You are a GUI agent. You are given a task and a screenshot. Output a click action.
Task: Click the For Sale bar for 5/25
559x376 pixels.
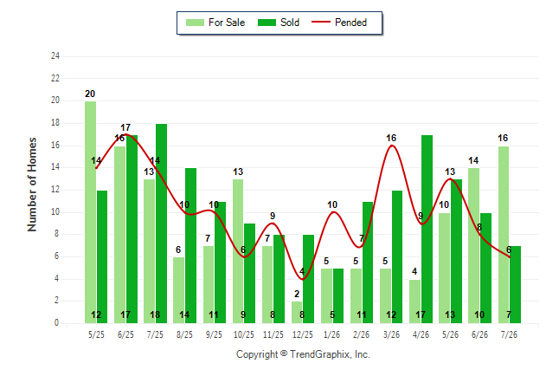(x=90, y=212)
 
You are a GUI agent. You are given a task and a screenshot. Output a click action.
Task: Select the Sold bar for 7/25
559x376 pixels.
(x=161, y=224)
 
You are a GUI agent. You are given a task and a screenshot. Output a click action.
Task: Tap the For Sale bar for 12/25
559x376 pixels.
(x=297, y=312)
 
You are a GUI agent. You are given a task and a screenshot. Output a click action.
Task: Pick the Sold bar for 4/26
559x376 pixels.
(x=427, y=230)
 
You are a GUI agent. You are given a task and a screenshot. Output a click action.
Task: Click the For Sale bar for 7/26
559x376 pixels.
(x=504, y=235)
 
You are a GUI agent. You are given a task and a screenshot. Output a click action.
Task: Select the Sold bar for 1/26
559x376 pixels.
(x=338, y=295)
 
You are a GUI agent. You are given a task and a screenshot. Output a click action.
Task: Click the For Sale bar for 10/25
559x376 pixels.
(x=238, y=251)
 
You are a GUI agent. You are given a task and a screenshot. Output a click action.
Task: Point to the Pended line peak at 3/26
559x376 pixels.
(x=392, y=145)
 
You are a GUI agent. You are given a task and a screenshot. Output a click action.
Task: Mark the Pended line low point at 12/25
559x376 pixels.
(x=303, y=279)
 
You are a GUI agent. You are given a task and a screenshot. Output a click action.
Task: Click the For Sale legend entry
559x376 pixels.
(x=215, y=23)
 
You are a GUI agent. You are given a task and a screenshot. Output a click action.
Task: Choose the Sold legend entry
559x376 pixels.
(x=279, y=23)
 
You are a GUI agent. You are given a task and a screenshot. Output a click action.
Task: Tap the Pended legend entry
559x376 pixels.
(x=339, y=23)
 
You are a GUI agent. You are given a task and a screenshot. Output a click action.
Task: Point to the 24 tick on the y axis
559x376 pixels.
(x=55, y=55)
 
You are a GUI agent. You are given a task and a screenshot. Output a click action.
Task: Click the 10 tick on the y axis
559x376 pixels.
(x=55, y=212)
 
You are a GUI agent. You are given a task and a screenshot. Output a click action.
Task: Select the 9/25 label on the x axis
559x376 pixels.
(x=214, y=334)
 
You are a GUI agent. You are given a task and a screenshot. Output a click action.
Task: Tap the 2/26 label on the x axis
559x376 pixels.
(x=361, y=334)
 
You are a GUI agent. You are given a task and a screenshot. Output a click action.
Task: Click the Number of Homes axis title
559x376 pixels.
(x=32, y=185)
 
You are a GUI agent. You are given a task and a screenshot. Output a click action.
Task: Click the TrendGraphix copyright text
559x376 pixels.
(x=303, y=354)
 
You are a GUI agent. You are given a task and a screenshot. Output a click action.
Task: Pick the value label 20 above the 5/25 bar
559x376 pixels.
(x=90, y=94)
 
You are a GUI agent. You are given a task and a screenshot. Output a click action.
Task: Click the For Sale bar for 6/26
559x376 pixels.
(x=474, y=246)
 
